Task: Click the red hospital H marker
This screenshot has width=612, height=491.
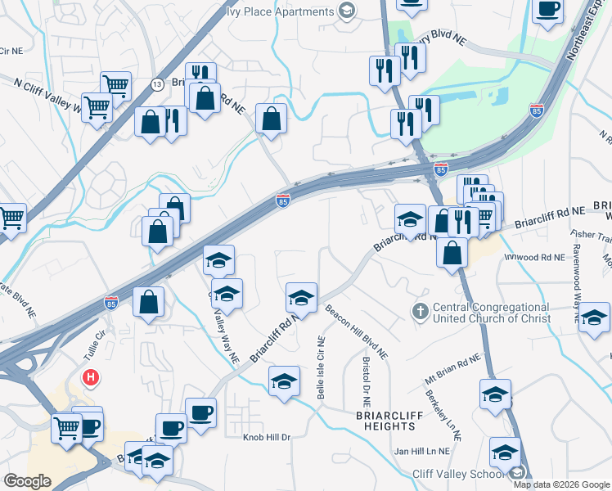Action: tap(92, 378)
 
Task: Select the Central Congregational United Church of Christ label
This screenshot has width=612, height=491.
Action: tap(491, 313)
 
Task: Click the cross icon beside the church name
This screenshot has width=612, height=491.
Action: tap(420, 312)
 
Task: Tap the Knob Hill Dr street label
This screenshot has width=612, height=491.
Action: tap(267, 437)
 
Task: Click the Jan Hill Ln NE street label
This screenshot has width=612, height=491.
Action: tap(422, 451)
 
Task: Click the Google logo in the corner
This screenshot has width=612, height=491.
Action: tap(27, 481)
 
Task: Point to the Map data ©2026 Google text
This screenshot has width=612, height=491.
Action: tap(560, 484)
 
